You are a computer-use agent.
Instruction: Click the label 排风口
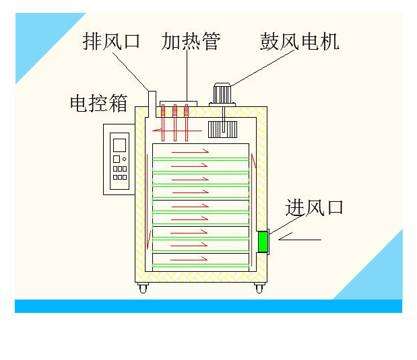pyautogui.click(x=111, y=41)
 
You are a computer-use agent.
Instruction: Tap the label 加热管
pyautogui.click(x=191, y=41)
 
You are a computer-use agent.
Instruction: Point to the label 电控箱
pyautogui.click(x=99, y=103)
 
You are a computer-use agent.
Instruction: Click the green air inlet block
pyautogui.click(x=263, y=242)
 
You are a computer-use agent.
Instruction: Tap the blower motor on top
pyautogui.click(x=222, y=92)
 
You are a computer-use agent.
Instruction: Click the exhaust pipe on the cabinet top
pyautogui.click(x=152, y=100)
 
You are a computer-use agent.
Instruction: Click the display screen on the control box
pyautogui.click(x=120, y=145)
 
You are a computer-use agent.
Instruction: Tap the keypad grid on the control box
pyautogui.click(x=119, y=173)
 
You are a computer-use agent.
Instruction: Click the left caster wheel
pyautogui.click(x=143, y=289)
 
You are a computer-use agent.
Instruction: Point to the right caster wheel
pyautogui.click(x=259, y=289)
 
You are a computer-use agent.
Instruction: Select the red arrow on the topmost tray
pyautogui.click(x=190, y=152)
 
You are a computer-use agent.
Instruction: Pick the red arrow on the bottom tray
pyautogui.click(x=189, y=259)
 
